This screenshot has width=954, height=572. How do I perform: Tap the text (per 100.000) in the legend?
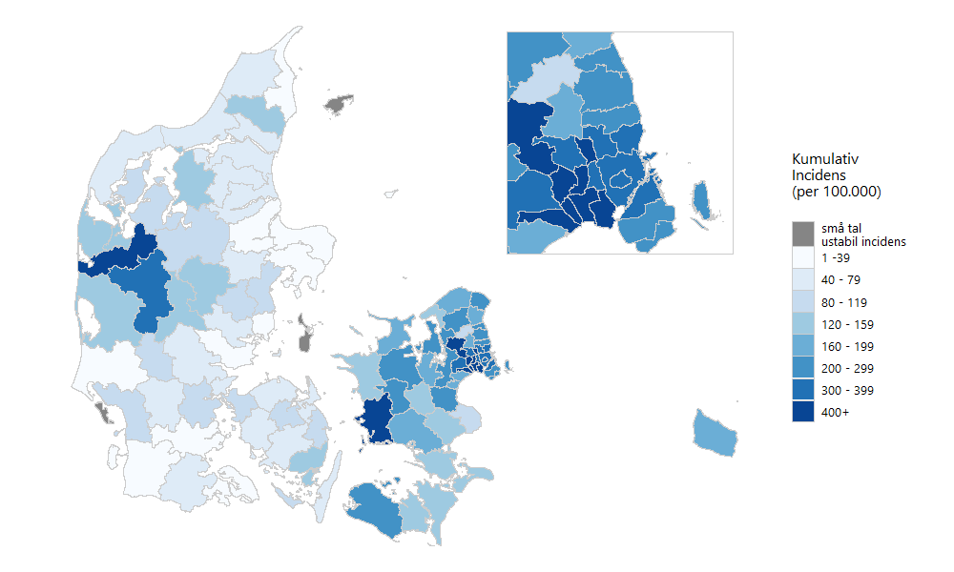836,192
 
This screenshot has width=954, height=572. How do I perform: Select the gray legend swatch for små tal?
803,234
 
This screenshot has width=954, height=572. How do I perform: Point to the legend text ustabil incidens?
863,241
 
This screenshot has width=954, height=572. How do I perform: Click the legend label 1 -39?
839,258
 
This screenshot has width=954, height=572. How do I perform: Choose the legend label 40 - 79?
841,280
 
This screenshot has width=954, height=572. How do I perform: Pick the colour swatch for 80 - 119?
803,302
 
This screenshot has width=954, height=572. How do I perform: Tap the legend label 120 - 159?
845,324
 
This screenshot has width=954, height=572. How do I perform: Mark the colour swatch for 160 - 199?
803,346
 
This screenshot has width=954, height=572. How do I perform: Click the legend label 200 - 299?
845,368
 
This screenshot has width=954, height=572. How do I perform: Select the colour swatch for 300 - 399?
803,390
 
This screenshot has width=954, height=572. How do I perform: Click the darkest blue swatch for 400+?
803,412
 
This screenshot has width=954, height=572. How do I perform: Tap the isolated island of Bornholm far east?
715,434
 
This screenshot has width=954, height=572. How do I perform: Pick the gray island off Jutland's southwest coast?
102,412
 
